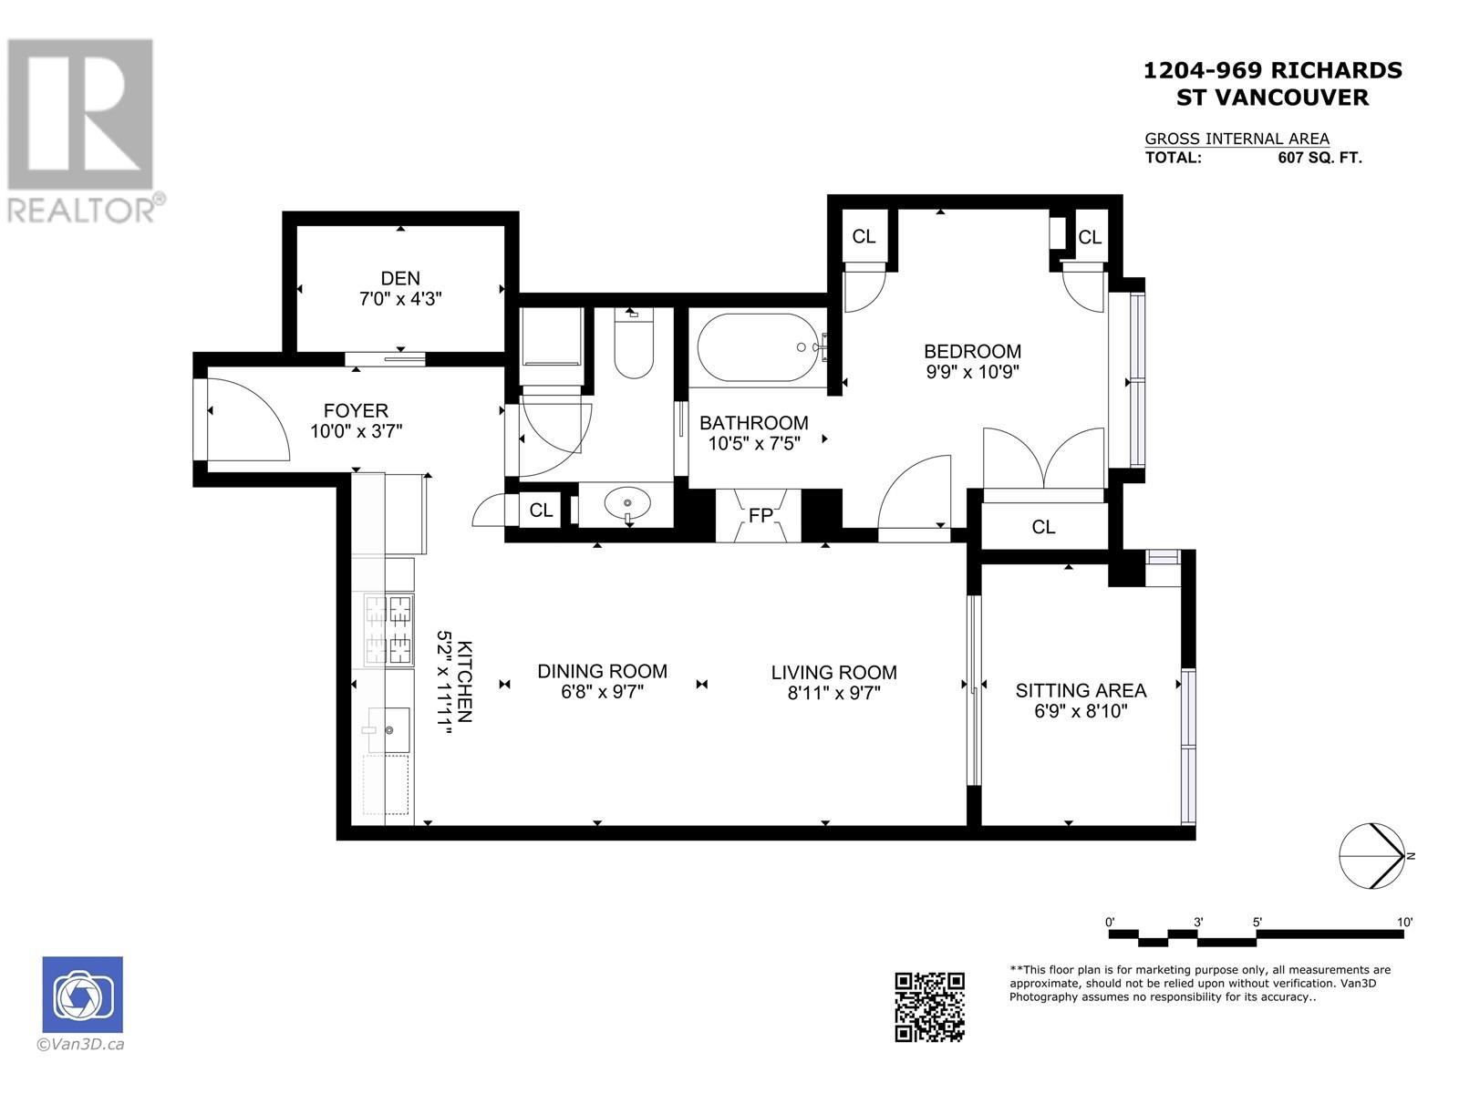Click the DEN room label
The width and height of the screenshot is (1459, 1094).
click(400, 278)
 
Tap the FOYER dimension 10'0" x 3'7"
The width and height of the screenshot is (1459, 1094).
click(357, 432)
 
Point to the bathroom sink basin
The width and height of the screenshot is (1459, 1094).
click(626, 503)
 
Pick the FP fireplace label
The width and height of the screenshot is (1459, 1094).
click(761, 515)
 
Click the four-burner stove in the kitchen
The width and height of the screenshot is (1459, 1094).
click(388, 630)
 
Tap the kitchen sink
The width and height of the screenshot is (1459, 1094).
click(388, 730)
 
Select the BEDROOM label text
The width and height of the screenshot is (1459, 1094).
click(972, 351)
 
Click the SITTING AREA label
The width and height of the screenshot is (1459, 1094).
click(1081, 690)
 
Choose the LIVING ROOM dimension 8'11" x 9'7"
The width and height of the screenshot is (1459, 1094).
click(834, 694)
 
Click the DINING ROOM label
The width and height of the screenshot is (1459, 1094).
click(602, 671)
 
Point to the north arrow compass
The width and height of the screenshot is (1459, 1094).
click(1372, 855)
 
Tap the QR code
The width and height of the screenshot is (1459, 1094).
click(929, 1006)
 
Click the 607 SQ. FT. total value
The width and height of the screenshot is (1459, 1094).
click(1319, 158)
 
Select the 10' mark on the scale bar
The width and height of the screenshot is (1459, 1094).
click(1404, 922)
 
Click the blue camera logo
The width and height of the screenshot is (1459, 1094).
click(82, 995)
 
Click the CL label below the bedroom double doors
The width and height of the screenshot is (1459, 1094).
click(1043, 527)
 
